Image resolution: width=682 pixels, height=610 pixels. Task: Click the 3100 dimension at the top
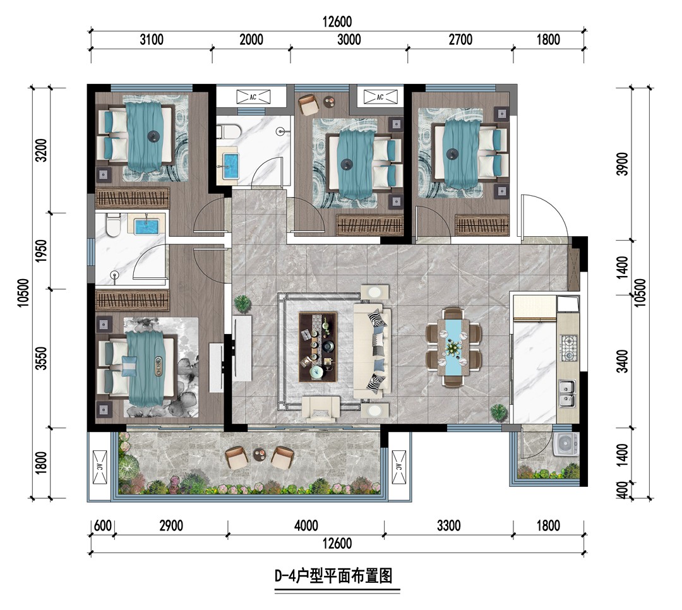pyautogui.click(x=152, y=40)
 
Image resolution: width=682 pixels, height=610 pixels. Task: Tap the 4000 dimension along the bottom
pyautogui.click(x=306, y=525)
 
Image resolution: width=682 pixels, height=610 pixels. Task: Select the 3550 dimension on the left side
pyautogui.click(x=41, y=358)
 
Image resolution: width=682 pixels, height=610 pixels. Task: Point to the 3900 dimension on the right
pyautogui.click(x=623, y=164)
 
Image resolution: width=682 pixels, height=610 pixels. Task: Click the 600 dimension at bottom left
pyautogui.click(x=103, y=525)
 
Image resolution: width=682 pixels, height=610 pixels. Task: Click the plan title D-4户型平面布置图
pyautogui.click(x=333, y=576)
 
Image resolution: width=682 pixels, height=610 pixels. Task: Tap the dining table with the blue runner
pyautogui.click(x=453, y=347)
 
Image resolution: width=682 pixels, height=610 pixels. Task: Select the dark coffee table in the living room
pyautogui.click(x=318, y=347)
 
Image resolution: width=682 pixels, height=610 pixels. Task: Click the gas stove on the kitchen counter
pyautogui.click(x=568, y=348)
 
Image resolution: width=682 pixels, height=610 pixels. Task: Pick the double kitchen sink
pyautogui.click(x=567, y=393)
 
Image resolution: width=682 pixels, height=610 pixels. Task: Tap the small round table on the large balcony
pyautogui.click(x=260, y=453)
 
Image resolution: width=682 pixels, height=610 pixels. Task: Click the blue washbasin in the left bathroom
pyautogui.click(x=147, y=227)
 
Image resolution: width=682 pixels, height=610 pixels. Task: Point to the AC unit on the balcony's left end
pyautogui.click(x=100, y=467)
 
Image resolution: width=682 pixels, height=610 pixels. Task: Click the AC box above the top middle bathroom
pyautogui.click(x=253, y=97)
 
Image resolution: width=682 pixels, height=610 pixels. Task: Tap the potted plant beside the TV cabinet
pyautogui.click(x=242, y=303)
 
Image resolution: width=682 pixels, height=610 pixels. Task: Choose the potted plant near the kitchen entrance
pyautogui.click(x=498, y=412)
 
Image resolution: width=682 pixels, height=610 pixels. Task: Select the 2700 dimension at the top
pyautogui.click(x=460, y=40)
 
